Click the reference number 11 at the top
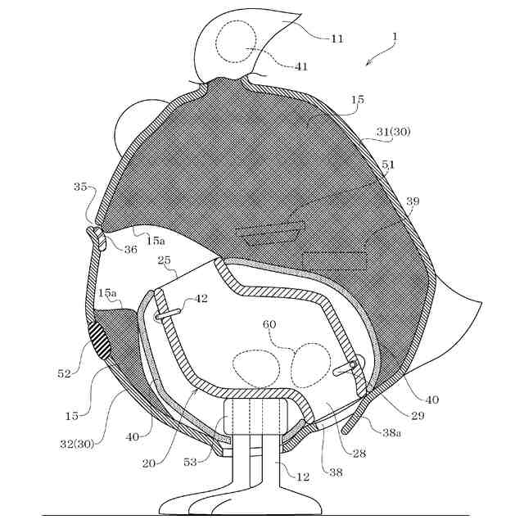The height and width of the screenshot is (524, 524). click(314, 38)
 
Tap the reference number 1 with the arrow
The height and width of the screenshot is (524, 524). click(395, 36)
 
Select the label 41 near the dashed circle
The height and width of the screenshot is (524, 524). click(301, 66)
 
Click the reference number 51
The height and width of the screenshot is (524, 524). click(388, 165)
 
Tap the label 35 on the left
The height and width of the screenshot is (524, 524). click(79, 187)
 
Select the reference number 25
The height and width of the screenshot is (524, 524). click(164, 260)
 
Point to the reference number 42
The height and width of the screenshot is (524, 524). click(201, 299)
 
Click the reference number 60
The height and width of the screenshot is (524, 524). click(270, 325)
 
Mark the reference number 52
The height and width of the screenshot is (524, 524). click(65, 373)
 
